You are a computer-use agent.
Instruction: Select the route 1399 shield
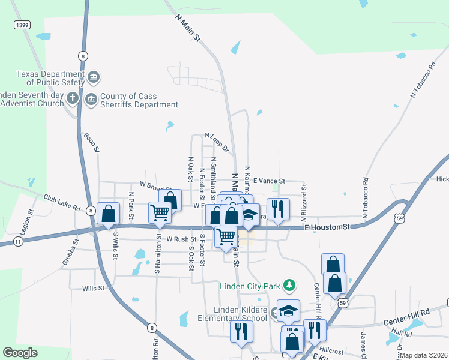point(22,25)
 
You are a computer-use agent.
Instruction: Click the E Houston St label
point(327,227)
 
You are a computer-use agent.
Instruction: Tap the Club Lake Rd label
point(62,202)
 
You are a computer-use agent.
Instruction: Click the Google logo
point(20,353)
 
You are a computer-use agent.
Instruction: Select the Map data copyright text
point(424,355)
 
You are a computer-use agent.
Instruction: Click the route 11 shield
point(19,241)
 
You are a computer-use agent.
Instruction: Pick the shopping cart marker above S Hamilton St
point(160,213)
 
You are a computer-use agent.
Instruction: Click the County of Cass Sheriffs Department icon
point(91,98)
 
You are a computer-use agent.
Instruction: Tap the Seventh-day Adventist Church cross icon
point(72,98)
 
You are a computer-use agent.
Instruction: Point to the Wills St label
point(94,289)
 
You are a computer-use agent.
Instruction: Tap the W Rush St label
point(181,239)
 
